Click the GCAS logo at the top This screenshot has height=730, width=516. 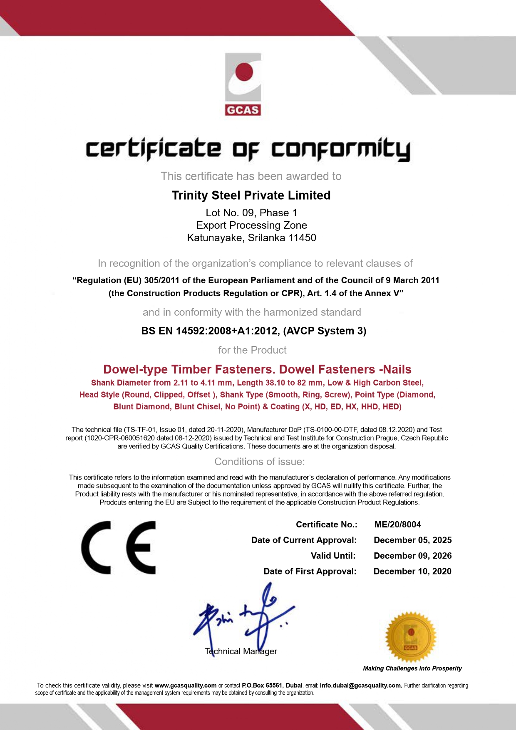point(243,84)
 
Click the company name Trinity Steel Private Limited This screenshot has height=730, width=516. point(251,195)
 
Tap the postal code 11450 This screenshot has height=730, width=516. point(303,238)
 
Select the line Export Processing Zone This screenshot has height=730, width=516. point(251,225)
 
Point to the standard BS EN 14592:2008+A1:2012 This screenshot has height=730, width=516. point(209,331)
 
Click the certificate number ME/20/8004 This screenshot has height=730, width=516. point(397,525)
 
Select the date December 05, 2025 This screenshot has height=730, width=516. point(412,540)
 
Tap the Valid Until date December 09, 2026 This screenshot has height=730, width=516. point(412,556)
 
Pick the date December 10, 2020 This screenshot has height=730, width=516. point(412,571)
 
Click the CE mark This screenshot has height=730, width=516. point(119,548)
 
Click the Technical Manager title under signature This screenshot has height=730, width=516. point(241,651)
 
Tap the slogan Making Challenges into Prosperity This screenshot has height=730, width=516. point(412,668)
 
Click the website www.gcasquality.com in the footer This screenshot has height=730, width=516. point(185,685)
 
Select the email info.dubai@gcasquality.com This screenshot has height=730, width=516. point(361,685)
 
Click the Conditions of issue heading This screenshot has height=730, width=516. point(259,462)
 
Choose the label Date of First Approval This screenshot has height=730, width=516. point(310,571)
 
